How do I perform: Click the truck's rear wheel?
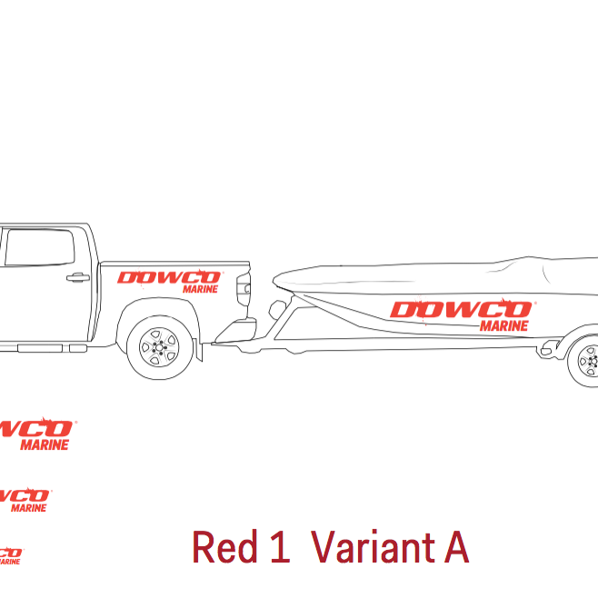pyautogui.click(x=160, y=345)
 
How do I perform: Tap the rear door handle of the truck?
pyautogui.click(x=78, y=277)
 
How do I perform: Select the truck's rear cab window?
pyautogui.click(x=40, y=248)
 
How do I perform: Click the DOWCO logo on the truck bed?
pyautogui.click(x=156, y=277)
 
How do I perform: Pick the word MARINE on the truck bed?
pyautogui.click(x=200, y=288)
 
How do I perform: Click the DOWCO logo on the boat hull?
pyautogui.click(x=460, y=311)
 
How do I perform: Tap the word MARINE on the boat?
pyautogui.click(x=504, y=325)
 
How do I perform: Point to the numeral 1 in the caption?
pyautogui.click(x=279, y=548)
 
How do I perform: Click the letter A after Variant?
pyautogui.click(x=455, y=548)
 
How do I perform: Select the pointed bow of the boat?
pyautogui.click(x=276, y=276)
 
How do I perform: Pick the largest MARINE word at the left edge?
pyautogui.click(x=45, y=445)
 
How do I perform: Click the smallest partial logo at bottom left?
pyautogui.click(x=9, y=555)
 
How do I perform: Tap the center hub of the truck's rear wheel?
pyautogui.click(x=160, y=345)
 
